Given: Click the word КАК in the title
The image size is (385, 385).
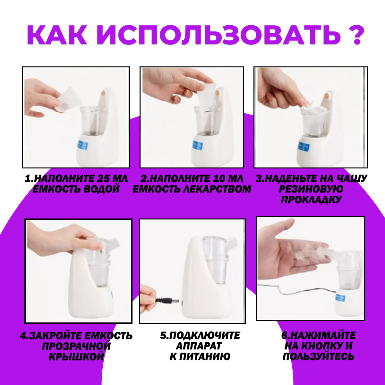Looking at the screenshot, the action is coord(57,35).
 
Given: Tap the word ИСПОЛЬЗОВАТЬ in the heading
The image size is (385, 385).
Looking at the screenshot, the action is coord(219,35).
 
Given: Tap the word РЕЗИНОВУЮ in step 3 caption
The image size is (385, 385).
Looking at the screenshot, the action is coord(311,189).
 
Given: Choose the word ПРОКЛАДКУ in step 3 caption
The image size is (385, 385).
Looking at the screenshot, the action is coord(311,200).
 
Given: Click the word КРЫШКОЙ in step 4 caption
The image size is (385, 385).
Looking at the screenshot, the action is coord(76,357).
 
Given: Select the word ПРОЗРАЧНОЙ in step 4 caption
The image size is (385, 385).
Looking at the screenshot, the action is coord(76,346).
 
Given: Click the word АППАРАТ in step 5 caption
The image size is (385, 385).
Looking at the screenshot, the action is coord(199,346).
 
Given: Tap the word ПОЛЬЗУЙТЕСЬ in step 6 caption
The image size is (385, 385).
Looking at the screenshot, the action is coord(319,357).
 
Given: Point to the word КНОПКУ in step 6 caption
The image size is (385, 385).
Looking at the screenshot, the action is coord(321,346).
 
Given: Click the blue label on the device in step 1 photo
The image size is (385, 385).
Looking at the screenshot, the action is coord(82,145).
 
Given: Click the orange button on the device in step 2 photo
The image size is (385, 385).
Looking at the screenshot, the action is coord(218,92).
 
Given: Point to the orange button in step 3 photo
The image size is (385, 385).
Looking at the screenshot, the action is coord(327,96).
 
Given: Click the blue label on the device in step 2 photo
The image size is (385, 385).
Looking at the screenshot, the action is coord(198,145).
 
